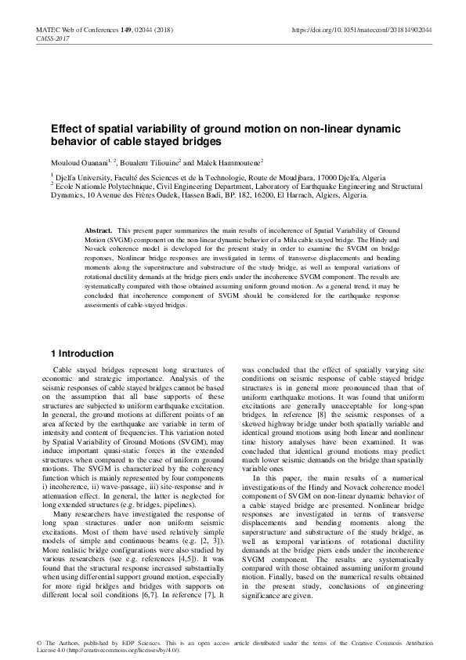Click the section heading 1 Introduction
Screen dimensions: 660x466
pos(81,354)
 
